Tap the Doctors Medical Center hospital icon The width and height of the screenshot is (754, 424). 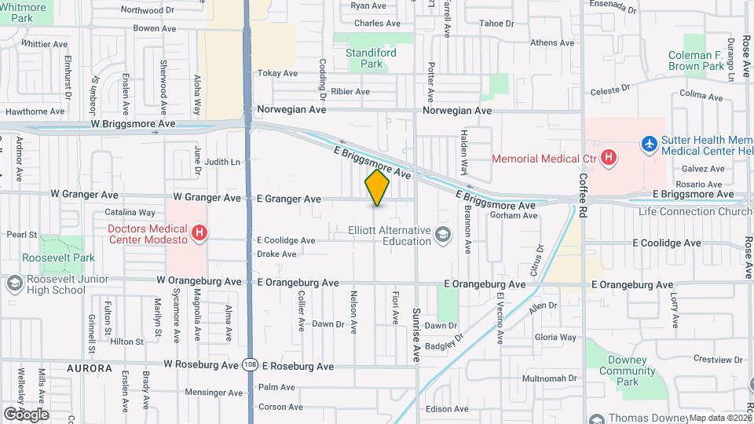click(200, 233)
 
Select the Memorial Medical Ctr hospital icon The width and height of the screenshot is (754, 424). click(609, 159)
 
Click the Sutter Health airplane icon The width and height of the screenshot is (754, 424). click(650, 144)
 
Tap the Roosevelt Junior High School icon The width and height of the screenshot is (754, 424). click(13, 283)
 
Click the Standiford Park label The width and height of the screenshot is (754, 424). click(371, 59)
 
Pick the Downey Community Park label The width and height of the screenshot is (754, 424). click(626, 371)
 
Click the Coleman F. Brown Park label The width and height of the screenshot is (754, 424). click(696, 61)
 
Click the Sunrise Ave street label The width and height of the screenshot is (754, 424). click(417, 335)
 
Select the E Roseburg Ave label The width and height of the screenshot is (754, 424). click(298, 366)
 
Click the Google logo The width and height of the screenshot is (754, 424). click(26, 414)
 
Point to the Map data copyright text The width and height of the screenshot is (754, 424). click(720, 418)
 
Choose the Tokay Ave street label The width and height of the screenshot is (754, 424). click(278, 73)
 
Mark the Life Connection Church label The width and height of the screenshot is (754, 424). click(695, 212)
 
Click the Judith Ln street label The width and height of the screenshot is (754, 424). click(223, 162)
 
